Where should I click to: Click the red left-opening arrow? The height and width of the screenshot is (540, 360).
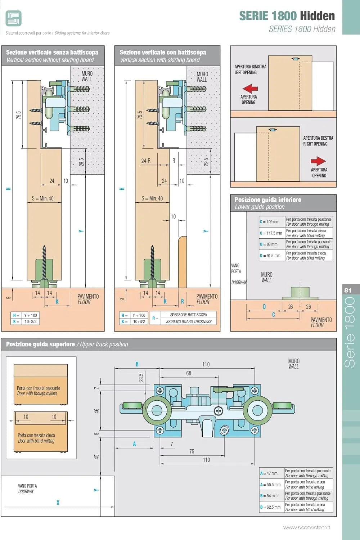click(250, 89)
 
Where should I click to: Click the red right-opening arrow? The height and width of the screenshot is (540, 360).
click(318, 161)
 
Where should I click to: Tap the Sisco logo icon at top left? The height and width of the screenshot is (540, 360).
click(14, 18)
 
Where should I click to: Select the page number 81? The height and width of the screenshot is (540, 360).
click(348, 290)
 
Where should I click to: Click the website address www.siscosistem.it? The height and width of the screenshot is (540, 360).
click(307, 527)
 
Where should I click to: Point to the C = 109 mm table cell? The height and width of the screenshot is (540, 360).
click(272, 221)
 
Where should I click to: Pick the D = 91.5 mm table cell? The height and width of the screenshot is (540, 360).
click(272, 256)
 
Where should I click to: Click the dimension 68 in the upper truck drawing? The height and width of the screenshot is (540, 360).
click(189, 373)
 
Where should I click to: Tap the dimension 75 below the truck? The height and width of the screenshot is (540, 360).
click(192, 451)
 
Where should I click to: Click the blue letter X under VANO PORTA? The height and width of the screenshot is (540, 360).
click(58, 503)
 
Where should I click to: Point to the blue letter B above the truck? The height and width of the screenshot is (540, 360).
click(137, 364)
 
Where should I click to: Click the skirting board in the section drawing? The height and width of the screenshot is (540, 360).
click(182, 262)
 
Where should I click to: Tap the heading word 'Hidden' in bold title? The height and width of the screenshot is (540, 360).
click(317, 16)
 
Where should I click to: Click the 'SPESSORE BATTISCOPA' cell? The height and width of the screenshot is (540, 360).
click(189, 315)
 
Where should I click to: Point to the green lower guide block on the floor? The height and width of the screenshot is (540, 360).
click(300, 293)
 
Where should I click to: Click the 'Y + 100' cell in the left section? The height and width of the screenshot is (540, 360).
click(31, 315)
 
